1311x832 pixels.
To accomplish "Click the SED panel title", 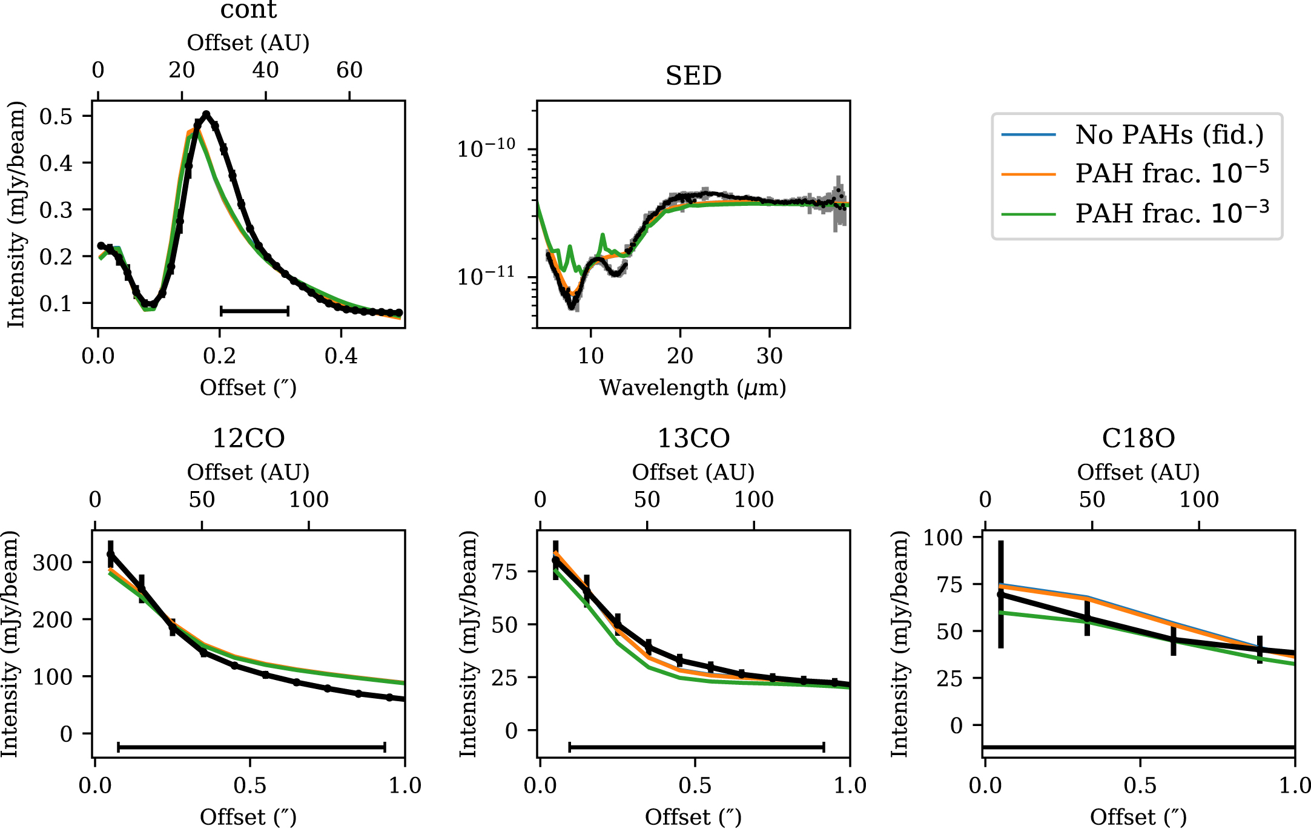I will (x=693, y=76).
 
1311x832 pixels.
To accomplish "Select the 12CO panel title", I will (x=248, y=438).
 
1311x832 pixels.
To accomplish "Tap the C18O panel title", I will (x=1138, y=438).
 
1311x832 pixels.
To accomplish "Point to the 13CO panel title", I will (x=693, y=438).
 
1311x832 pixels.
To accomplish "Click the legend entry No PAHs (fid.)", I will (x=1169, y=134).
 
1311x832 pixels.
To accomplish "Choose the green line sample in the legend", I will (x=1028, y=214).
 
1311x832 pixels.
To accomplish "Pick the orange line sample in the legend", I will (x=1028, y=174).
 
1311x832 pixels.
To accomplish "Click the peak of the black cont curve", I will (x=206, y=114).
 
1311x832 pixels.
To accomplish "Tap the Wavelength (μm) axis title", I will (x=693, y=388).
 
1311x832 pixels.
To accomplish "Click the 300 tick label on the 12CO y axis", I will (x=52, y=563).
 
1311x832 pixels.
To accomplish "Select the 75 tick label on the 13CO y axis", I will (x=504, y=572).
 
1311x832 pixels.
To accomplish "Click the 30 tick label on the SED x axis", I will (x=770, y=356).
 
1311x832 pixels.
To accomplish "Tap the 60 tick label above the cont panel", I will (x=349, y=70).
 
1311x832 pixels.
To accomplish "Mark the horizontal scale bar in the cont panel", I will (x=254, y=311).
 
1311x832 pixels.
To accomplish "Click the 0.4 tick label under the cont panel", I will (x=341, y=356).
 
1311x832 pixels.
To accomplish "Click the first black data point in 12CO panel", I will (x=110, y=553).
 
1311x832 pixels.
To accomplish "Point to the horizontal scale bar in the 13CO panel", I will (x=696, y=747).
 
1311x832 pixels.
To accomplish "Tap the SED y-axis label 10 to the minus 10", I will (x=486, y=148).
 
